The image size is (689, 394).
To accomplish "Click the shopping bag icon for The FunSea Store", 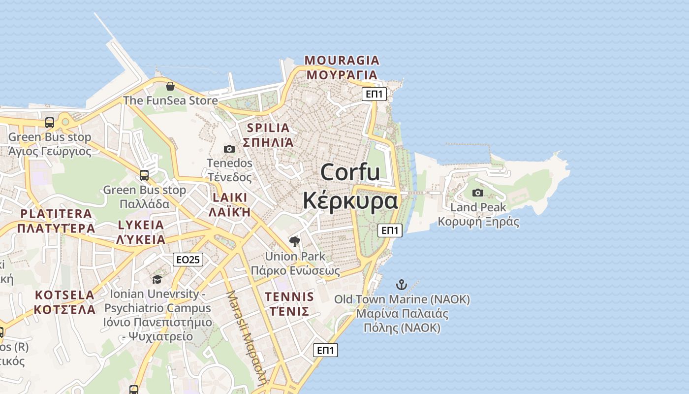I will [170, 87].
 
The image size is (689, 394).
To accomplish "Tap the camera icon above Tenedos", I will [229, 149].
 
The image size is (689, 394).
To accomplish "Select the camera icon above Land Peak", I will [477, 193].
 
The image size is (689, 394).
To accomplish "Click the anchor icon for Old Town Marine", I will [402, 285].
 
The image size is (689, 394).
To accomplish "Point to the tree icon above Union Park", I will [295, 241].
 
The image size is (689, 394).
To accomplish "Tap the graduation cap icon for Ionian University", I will [157, 279].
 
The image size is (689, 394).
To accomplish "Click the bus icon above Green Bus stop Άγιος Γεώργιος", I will [50, 123].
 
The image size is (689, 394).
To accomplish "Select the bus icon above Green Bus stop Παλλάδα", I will [144, 175].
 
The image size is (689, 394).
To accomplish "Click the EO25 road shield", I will [188, 260].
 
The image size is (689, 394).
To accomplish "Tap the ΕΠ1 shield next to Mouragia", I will [374, 94].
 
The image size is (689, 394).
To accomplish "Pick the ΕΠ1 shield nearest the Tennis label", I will [326, 350].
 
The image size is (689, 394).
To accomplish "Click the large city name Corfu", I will [350, 172].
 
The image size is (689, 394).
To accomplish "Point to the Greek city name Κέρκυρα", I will [350, 201].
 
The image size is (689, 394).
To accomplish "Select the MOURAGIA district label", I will [342, 61].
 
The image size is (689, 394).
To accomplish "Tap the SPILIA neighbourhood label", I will [268, 128].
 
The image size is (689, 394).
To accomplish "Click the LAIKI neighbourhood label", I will [230, 198].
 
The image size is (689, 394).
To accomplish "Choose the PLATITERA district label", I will [56, 214].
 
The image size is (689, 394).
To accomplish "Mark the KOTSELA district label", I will [64, 295].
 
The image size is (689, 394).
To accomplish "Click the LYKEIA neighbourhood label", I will [141, 225].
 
